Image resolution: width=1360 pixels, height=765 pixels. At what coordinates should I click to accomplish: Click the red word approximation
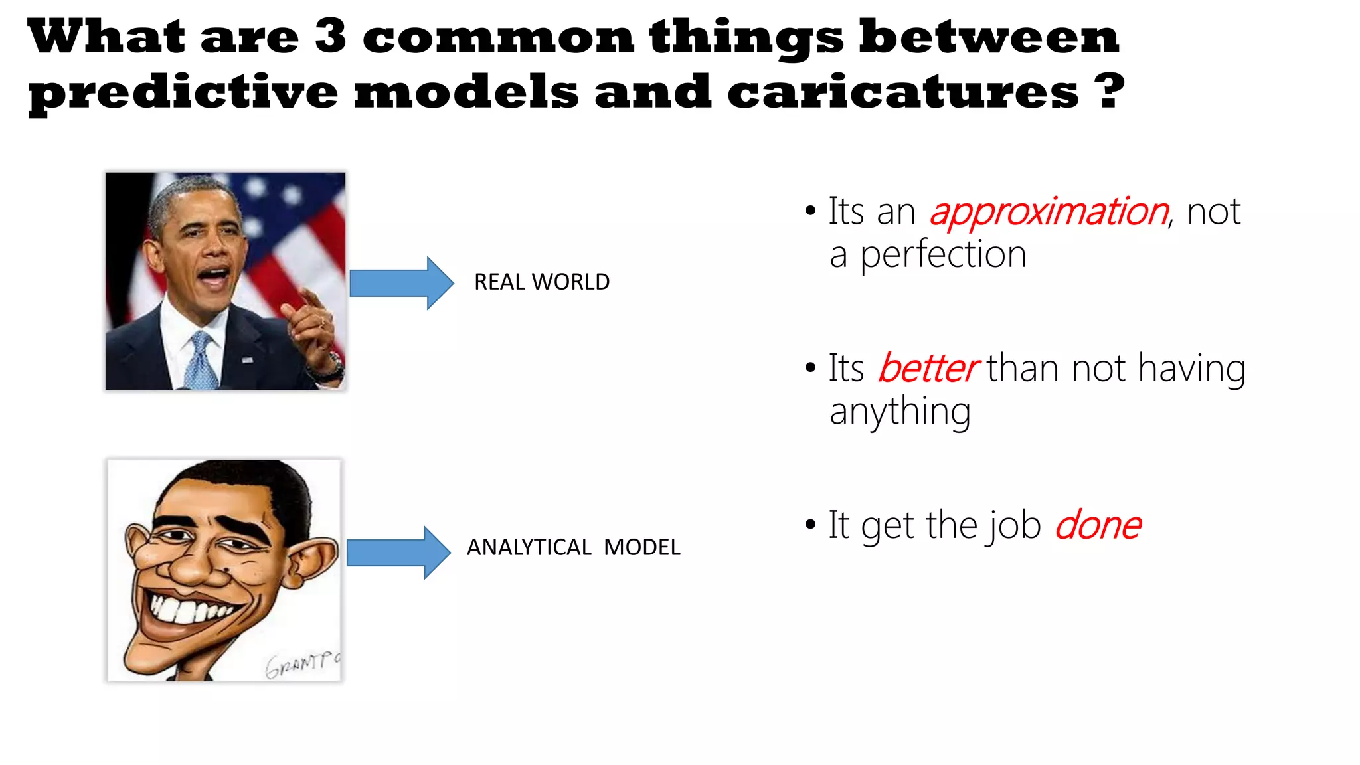point(1049,212)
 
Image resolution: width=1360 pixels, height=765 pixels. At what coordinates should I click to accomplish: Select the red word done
point(1098,525)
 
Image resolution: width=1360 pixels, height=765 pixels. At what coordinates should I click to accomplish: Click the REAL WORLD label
point(542,282)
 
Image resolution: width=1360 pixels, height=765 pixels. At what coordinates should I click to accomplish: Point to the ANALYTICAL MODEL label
point(574,547)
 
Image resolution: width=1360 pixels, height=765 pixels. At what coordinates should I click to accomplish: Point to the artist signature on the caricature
point(302,663)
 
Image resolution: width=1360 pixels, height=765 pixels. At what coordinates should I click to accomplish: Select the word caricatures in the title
point(903,92)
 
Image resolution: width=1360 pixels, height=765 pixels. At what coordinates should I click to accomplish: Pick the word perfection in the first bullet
point(943,255)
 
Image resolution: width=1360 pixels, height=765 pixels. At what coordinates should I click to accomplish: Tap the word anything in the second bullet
point(900,412)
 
